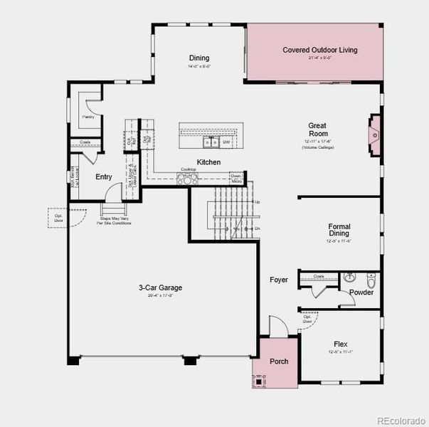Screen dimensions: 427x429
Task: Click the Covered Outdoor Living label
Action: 319,50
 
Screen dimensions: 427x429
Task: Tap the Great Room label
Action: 317,130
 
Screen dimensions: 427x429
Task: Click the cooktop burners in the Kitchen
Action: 185,179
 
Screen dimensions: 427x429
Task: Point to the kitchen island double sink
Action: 211,142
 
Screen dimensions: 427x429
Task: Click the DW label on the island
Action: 226,142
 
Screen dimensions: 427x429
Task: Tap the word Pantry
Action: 88,117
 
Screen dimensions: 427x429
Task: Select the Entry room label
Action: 103,177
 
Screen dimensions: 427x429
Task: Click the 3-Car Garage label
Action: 160,288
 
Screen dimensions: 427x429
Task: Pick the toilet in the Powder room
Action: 371,278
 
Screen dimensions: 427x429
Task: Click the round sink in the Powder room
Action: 349,278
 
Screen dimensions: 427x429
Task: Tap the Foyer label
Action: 279,280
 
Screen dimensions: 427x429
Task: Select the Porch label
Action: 279,362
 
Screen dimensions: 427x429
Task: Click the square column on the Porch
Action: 259,381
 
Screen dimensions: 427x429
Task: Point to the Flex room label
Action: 340,344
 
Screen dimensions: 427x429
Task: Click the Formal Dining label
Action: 339,230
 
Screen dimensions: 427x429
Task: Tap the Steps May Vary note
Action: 114,221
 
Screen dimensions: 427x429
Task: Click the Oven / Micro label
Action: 236,179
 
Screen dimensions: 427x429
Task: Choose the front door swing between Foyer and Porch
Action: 279,325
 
